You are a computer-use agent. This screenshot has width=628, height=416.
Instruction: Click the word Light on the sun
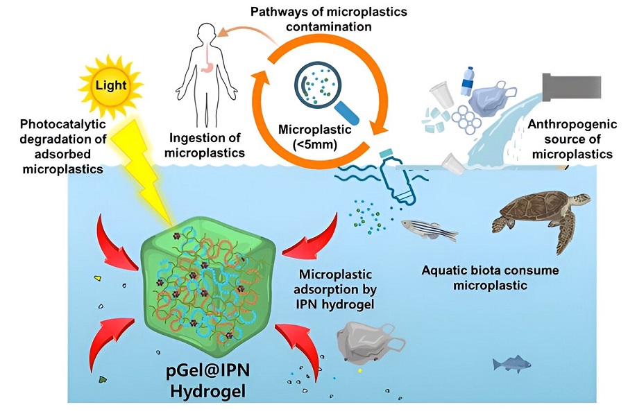coord(111,85)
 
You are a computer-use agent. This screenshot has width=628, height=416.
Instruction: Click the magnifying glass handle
coord(346,113)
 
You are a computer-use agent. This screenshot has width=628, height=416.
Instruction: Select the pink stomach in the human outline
coord(206,67)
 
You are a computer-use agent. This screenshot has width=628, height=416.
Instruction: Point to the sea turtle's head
coord(580,199)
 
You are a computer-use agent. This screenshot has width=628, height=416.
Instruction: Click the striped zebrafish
coord(430,229)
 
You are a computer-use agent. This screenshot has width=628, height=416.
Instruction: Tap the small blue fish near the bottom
coord(511,363)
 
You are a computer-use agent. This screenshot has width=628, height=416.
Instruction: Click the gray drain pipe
coord(572,87)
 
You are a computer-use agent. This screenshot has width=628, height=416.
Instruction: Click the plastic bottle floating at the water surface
coord(396,176)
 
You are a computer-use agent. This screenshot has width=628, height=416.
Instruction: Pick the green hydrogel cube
coord(209,287)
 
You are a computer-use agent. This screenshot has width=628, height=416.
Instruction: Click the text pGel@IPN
coord(208,370)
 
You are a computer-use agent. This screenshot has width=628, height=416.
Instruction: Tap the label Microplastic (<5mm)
coord(315,137)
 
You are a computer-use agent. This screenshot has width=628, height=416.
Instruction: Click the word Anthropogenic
coord(572,124)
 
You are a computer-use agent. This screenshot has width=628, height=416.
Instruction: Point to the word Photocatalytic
coord(63,124)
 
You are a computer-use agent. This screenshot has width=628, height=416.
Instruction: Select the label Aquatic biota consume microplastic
coord(490,277)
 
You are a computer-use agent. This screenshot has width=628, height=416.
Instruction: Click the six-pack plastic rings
coord(466,119)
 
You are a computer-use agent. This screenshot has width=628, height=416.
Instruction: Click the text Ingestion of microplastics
coord(204,145)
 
